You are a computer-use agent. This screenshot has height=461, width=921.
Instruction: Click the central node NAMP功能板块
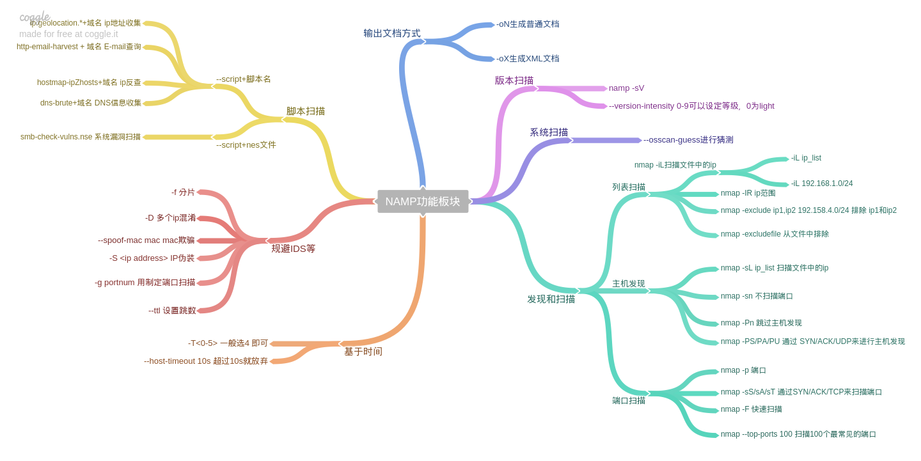click(423, 201)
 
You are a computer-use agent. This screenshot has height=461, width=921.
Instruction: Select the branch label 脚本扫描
click(306, 111)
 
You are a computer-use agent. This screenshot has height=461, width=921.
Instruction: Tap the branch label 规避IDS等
click(293, 249)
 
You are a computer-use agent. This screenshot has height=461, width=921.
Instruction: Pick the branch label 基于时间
click(363, 352)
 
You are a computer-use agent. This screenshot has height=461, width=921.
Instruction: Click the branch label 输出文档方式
click(392, 33)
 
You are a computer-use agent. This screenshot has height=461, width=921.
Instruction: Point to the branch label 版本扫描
click(514, 81)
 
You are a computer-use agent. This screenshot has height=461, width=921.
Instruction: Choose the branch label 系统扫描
click(549, 132)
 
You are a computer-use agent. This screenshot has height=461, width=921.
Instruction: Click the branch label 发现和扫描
click(551, 299)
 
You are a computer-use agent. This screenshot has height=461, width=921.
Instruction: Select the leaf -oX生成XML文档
click(528, 59)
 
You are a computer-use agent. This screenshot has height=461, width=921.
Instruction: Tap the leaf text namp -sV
click(627, 88)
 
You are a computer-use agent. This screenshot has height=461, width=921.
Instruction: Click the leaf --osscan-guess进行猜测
click(688, 140)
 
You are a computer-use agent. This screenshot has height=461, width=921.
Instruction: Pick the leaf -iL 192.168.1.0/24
click(822, 184)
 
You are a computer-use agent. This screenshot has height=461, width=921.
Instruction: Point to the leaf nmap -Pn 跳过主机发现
click(761, 324)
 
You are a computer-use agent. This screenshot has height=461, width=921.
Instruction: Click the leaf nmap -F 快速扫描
click(752, 410)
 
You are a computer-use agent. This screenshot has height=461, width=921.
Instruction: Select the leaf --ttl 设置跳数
click(172, 311)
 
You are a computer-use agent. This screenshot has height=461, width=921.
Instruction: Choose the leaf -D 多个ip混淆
click(170, 218)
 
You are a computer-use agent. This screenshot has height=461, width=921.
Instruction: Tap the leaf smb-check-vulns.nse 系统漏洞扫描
click(81, 137)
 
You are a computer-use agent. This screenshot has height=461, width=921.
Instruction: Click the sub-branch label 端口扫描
click(629, 401)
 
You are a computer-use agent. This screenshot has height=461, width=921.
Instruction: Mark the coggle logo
click(35, 17)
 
